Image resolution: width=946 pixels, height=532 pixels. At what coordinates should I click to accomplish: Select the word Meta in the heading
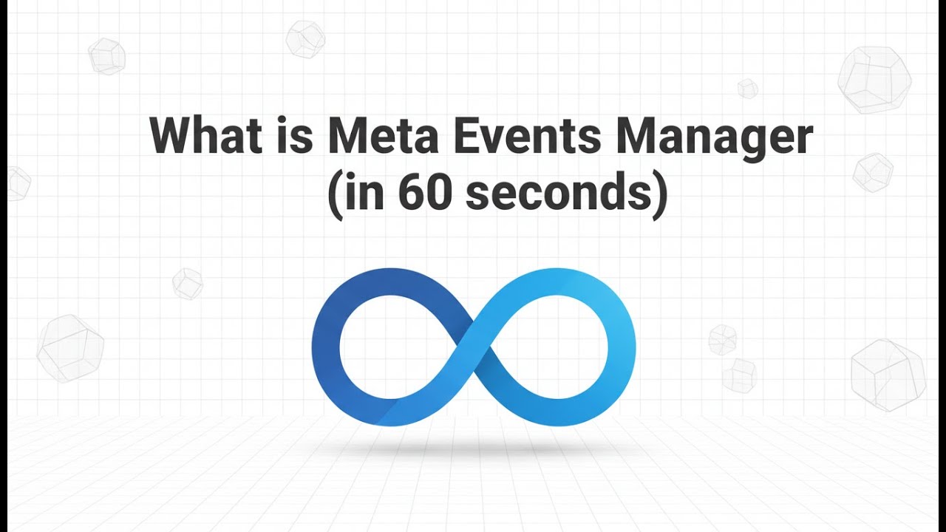pos(386,137)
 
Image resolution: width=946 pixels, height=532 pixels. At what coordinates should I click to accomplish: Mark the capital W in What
pos(172,137)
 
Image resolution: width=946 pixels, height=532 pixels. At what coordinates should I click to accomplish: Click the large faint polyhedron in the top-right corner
pos(874,79)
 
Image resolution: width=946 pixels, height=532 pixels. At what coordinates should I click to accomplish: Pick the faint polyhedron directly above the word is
pos(305,38)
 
